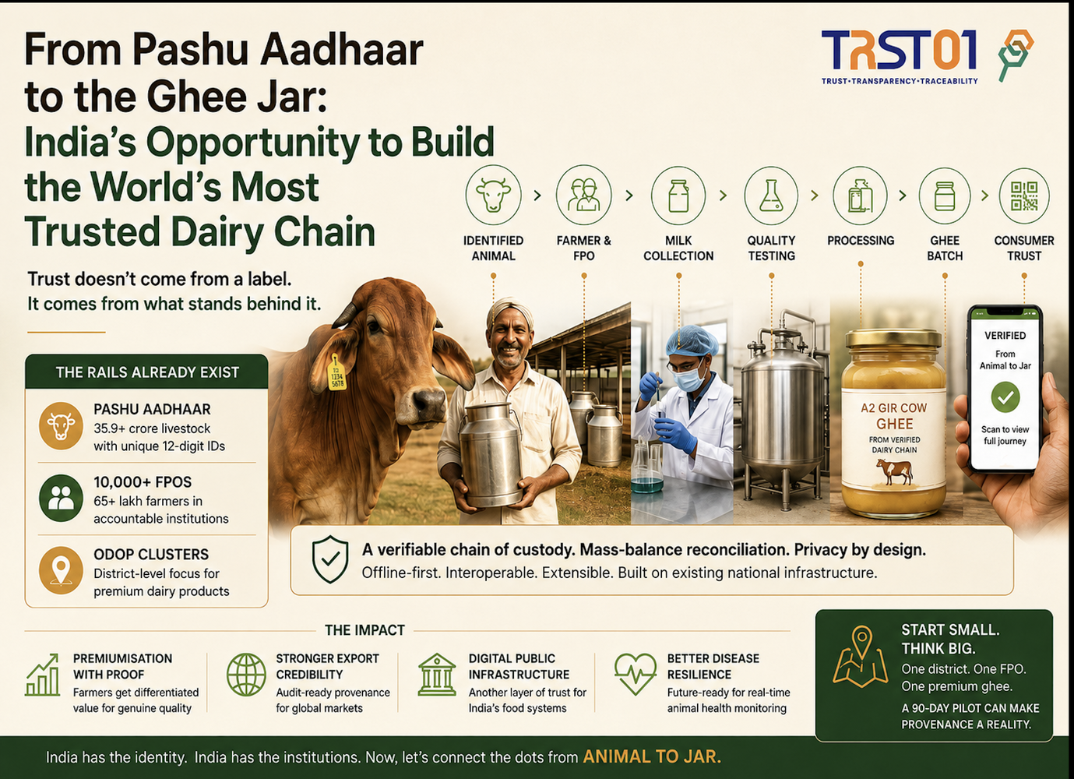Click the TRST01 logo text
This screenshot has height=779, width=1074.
point(899,51)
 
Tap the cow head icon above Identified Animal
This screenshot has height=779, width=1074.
point(493,195)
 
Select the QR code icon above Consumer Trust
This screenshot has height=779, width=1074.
point(1024,196)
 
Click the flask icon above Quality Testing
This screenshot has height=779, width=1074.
point(771,196)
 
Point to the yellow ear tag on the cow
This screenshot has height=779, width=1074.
point(336,372)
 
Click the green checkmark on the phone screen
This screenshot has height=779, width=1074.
point(1005,397)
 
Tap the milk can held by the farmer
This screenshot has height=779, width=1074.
point(491,453)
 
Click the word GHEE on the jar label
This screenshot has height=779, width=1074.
point(895,424)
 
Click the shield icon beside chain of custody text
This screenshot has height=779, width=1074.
point(330,560)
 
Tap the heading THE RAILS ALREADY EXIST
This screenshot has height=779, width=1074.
point(147,372)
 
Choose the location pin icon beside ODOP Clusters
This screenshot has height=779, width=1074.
point(61,570)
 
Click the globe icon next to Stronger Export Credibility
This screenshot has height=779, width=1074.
point(246,675)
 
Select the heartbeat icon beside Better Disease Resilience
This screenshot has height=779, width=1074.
point(636,674)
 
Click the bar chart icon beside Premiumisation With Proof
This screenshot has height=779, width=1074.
point(42,675)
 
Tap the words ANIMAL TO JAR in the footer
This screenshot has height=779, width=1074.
point(652,757)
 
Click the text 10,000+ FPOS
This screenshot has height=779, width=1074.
point(143,482)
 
